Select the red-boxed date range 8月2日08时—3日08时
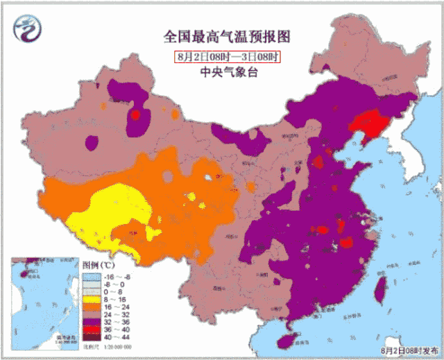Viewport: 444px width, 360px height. click(228, 56)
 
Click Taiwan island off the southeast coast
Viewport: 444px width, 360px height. click(379, 287)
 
